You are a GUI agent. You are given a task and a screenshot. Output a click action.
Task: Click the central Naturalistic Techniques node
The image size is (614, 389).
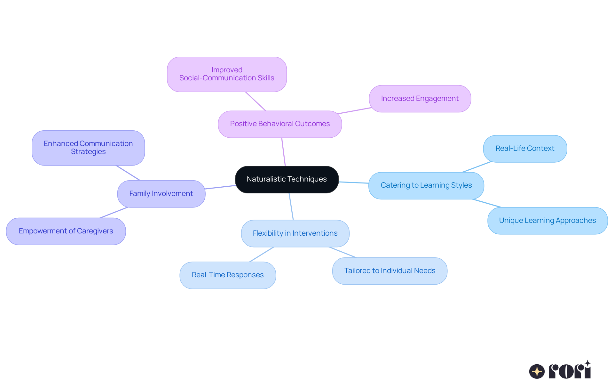click(x=287, y=179)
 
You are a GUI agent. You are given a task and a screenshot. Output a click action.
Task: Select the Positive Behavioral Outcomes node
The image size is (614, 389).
click(x=280, y=124)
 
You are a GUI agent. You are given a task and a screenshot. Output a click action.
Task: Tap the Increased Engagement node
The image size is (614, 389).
click(x=420, y=99)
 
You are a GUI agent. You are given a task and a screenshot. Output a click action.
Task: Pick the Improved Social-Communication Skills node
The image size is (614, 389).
click(x=227, y=74)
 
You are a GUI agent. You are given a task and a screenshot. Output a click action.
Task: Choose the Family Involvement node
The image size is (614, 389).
click(x=161, y=194)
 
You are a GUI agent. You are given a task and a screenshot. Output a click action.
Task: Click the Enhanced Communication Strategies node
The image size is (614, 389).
click(x=88, y=148)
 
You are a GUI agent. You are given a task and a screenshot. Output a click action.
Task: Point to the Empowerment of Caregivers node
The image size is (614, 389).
click(x=66, y=231)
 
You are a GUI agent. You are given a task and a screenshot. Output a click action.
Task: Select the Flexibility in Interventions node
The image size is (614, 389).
click(x=295, y=233)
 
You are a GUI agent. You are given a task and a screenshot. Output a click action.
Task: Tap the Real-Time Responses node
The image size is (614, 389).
click(x=228, y=275)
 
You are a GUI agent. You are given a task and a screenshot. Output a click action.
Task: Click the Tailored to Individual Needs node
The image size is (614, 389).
click(x=390, y=271)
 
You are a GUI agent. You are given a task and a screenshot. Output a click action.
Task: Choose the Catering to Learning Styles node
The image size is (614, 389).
click(x=426, y=185)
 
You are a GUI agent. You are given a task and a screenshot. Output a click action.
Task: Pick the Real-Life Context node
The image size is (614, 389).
click(x=525, y=149)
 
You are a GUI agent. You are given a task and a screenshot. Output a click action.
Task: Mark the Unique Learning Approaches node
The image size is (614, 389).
click(x=547, y=221)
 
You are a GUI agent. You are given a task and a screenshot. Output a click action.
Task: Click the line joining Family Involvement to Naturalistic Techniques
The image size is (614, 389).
click(x=220, y=187)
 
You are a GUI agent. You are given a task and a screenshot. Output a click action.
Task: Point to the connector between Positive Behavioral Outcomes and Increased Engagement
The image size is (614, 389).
click(x=355, y=110)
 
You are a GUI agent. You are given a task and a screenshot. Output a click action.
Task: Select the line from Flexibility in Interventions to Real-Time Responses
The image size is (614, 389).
click(x=262, y=255)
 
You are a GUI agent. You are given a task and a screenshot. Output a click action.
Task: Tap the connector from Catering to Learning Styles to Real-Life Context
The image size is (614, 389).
click(x=476, y=167)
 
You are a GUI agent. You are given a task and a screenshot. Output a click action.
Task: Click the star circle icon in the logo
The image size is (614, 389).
click(x=537, y=371)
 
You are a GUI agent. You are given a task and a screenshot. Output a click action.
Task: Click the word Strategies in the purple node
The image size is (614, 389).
click(x=88, y=152)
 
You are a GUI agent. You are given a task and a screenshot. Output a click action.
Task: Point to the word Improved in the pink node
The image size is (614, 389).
click(x=227, y=70)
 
